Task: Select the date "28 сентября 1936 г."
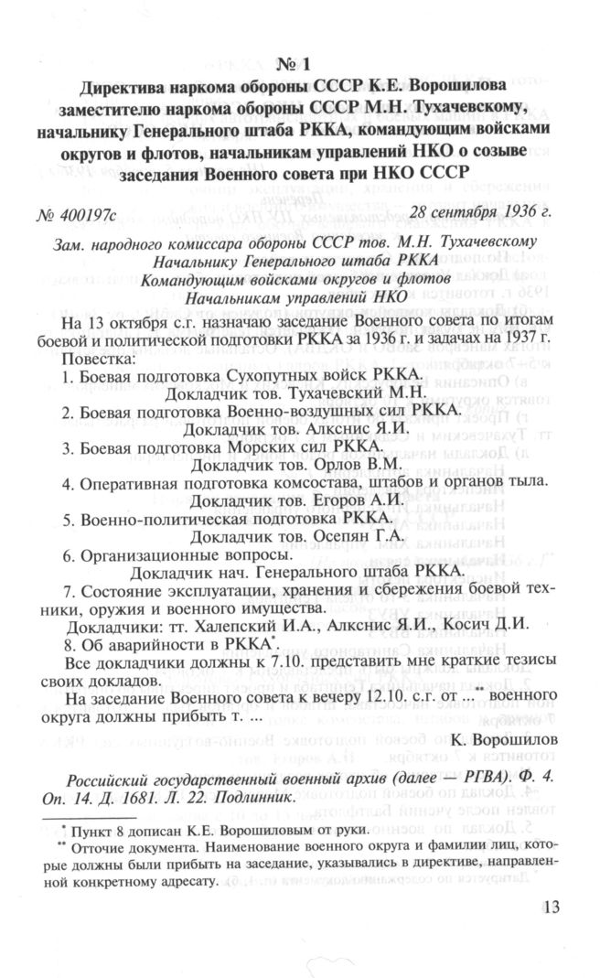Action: [482, 214]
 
